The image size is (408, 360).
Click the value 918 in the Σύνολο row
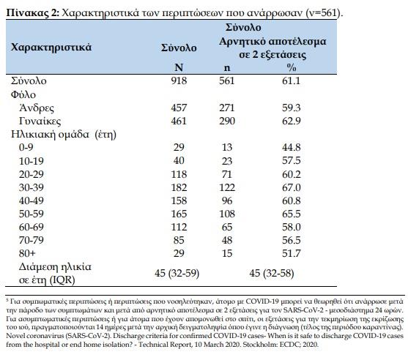tap(179, 80)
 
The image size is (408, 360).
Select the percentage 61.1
tap(292, 80)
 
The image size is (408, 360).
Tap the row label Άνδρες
tap(37, 108)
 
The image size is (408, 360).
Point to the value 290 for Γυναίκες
tap(227, 121)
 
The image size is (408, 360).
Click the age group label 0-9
tap(26, 147)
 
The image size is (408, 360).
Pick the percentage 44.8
tap(292, 147)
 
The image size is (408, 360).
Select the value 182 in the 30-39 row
tap(179, 187)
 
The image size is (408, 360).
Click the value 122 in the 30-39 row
tap(227, 187)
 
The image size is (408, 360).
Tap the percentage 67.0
tap(292, 187)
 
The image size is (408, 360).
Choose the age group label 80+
tap(27, 253)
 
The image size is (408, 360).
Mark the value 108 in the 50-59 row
tap(227, 214)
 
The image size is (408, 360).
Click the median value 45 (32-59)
tap(177, 274)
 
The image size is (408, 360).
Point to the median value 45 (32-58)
tap(272, 274)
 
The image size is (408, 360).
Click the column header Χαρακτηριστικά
tap(51, 48)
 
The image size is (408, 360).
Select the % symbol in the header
tap(292, 67)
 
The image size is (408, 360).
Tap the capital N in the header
tap(179, 67)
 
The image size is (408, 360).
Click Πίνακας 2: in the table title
tap(33, 12)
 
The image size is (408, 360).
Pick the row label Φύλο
tap(23, 94)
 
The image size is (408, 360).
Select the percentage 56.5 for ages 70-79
tap(292, 240)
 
